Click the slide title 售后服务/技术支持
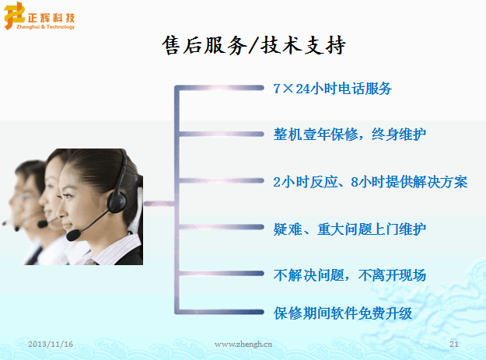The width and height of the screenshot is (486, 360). point(253,45)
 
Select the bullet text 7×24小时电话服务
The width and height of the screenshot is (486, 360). point(333,89)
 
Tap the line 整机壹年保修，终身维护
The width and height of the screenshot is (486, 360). point(350,135)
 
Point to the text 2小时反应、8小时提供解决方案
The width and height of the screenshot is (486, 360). point(370,182)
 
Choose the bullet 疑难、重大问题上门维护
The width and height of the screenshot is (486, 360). point(350,229)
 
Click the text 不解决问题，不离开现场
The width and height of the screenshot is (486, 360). point(350,275)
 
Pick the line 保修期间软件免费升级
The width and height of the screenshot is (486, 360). point(343,313)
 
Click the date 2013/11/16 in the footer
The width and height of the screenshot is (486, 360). point(51,344)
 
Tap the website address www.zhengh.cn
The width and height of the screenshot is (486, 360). point(243,344)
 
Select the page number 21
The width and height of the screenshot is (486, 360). point(454,344)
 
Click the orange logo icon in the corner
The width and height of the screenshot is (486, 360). point(14,16)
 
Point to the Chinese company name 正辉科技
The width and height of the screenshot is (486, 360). point(51,18)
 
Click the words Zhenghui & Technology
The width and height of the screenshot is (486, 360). point(46,27)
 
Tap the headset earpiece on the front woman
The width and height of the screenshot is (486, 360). point(117,202)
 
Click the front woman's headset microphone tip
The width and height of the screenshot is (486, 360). point(73,235)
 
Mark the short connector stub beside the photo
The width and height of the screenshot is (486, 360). point(160,204)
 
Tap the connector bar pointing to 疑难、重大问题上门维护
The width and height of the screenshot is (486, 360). point(221,227)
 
